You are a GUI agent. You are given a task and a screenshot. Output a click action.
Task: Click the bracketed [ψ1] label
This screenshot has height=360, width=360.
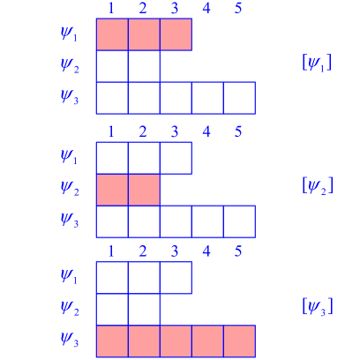tap(317, 64)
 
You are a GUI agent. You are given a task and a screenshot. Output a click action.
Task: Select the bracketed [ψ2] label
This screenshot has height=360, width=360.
tap(317, 185)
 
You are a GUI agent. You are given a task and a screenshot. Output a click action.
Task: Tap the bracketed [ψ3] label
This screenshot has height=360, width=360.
tap(317, 307)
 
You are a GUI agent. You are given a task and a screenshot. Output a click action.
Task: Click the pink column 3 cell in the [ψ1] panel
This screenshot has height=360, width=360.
tap(176, 34)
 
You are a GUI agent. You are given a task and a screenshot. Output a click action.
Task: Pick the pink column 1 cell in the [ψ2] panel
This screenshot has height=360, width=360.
tap(112, 188)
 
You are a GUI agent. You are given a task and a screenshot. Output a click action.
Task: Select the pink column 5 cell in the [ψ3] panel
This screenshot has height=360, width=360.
tap(239, 341)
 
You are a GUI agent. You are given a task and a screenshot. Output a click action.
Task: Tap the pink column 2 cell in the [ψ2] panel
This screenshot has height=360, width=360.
tap(144, 188)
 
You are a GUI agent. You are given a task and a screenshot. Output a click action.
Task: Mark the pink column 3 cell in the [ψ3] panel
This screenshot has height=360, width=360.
tap(176, 341)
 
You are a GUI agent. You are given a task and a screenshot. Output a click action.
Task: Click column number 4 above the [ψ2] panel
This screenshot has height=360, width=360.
tap(206, 132)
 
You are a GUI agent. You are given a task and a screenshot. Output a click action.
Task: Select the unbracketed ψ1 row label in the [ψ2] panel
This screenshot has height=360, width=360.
tap(69, 157)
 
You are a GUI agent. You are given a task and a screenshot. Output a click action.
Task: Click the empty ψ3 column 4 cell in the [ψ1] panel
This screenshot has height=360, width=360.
tap(207, 97)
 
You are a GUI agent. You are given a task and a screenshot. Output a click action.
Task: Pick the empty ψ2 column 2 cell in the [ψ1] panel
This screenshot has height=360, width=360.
tap(144, 66)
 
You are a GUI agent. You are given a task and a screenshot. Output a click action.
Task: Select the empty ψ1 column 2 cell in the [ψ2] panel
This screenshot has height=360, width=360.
tap(144, 157)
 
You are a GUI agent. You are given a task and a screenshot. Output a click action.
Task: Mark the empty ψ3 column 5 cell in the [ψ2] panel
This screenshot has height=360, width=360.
tap(239, 220)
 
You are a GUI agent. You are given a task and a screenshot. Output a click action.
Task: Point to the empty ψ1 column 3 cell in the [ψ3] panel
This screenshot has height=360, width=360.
tap(176, 278)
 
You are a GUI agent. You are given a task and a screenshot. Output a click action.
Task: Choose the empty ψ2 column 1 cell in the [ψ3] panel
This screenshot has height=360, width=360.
tap(112, 309)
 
